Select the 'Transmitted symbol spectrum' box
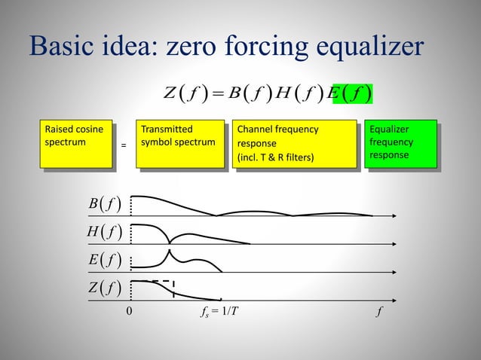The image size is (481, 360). [180, 142]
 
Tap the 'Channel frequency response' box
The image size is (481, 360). [293, 142]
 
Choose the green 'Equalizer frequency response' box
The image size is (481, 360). [400, 142]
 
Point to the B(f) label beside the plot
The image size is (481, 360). [104, 204]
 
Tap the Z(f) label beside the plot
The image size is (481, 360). [104, 288]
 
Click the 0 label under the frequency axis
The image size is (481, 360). [129, 310]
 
